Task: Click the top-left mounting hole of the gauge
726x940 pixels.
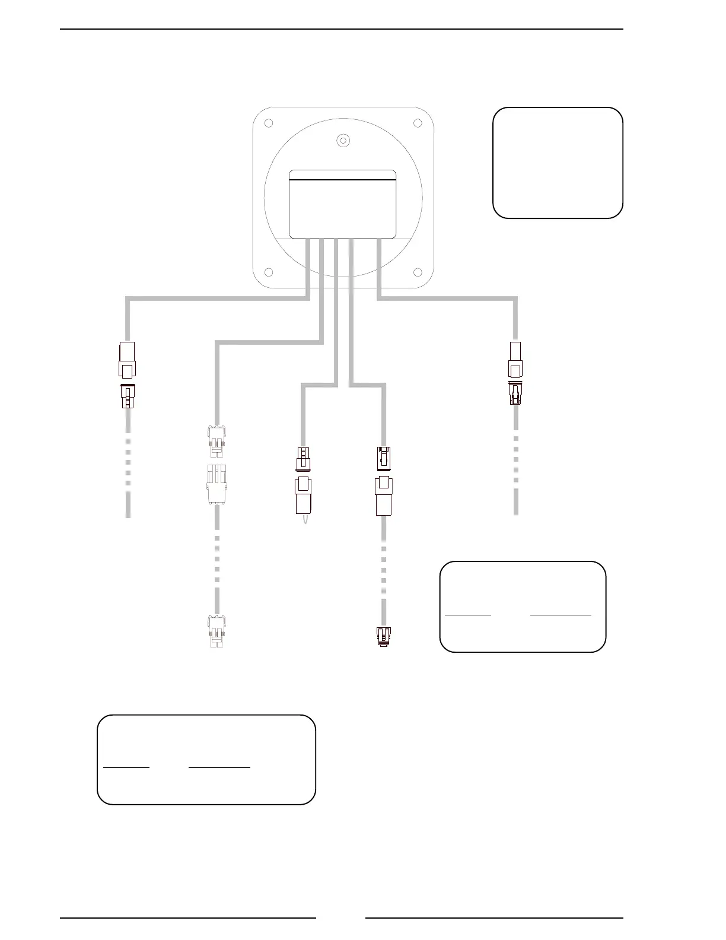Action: point(268,123)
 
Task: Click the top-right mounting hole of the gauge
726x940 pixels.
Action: point(418,123)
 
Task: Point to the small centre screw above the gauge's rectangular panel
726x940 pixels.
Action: point(342,141)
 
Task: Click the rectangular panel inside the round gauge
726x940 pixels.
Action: point(342,204)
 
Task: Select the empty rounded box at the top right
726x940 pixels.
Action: point(558,163)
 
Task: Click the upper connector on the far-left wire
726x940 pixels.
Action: point(128,360)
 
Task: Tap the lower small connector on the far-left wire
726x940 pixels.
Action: point(128,396)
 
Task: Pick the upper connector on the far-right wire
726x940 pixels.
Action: point(515,360)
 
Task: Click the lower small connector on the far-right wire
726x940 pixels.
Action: point(515,393)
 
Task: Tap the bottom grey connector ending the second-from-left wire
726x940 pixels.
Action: point(217,631)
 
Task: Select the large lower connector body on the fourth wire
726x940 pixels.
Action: point(384,496)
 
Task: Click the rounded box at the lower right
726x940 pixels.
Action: point(523,606)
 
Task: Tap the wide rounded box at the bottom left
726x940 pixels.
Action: point(206,760)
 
